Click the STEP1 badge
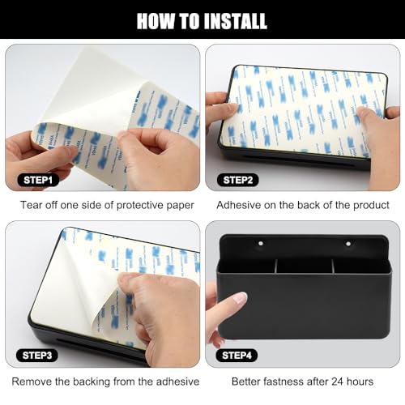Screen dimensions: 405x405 pos(38,180)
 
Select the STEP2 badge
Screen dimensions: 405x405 pos(238,180)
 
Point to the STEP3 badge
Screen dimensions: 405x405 pos(37,356)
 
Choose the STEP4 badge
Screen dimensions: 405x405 pos(237,356)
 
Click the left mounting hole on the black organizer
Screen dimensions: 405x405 pos(261,244)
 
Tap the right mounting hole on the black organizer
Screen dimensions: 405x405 pos(348,244)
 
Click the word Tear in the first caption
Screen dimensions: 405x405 pos(32,205)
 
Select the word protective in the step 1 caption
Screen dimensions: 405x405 pos(140,206)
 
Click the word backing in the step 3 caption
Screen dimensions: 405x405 pos(92,382)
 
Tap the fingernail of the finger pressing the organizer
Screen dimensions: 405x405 pos(241,298)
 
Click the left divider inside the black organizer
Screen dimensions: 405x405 pos(276,266)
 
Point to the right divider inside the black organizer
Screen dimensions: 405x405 pos(334,266)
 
